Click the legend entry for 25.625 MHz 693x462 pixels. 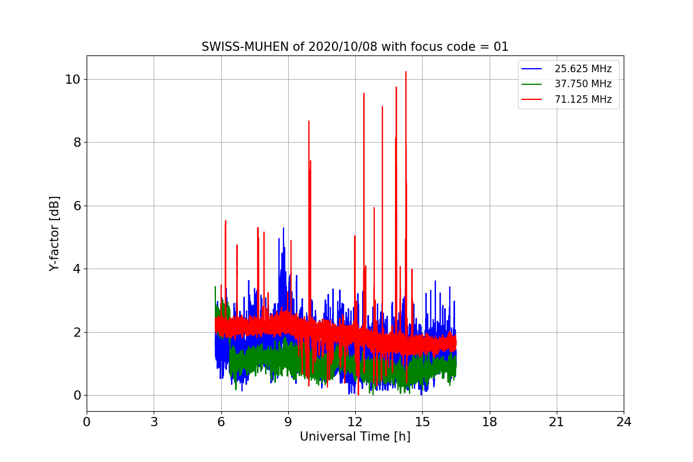coord(583,69)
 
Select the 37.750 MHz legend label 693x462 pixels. coord(583,84)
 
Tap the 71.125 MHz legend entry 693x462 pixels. coord(583,99)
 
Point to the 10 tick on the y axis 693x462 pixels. coord(72,79)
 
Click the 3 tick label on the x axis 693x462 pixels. coord(154,422)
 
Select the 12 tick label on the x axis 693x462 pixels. coord(355,422)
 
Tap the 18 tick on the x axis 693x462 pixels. coord(490,422)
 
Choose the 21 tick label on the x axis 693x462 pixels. coord(557,422)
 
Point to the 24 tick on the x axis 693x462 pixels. coord(624,422)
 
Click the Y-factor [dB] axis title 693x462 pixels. coord(54,233)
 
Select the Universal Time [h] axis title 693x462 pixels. coord(355,437)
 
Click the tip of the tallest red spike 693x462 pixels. coord(406,72)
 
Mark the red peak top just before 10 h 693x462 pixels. coord(309,121)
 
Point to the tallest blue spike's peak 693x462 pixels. coord(284,228)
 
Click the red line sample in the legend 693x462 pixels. coord(531,99)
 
